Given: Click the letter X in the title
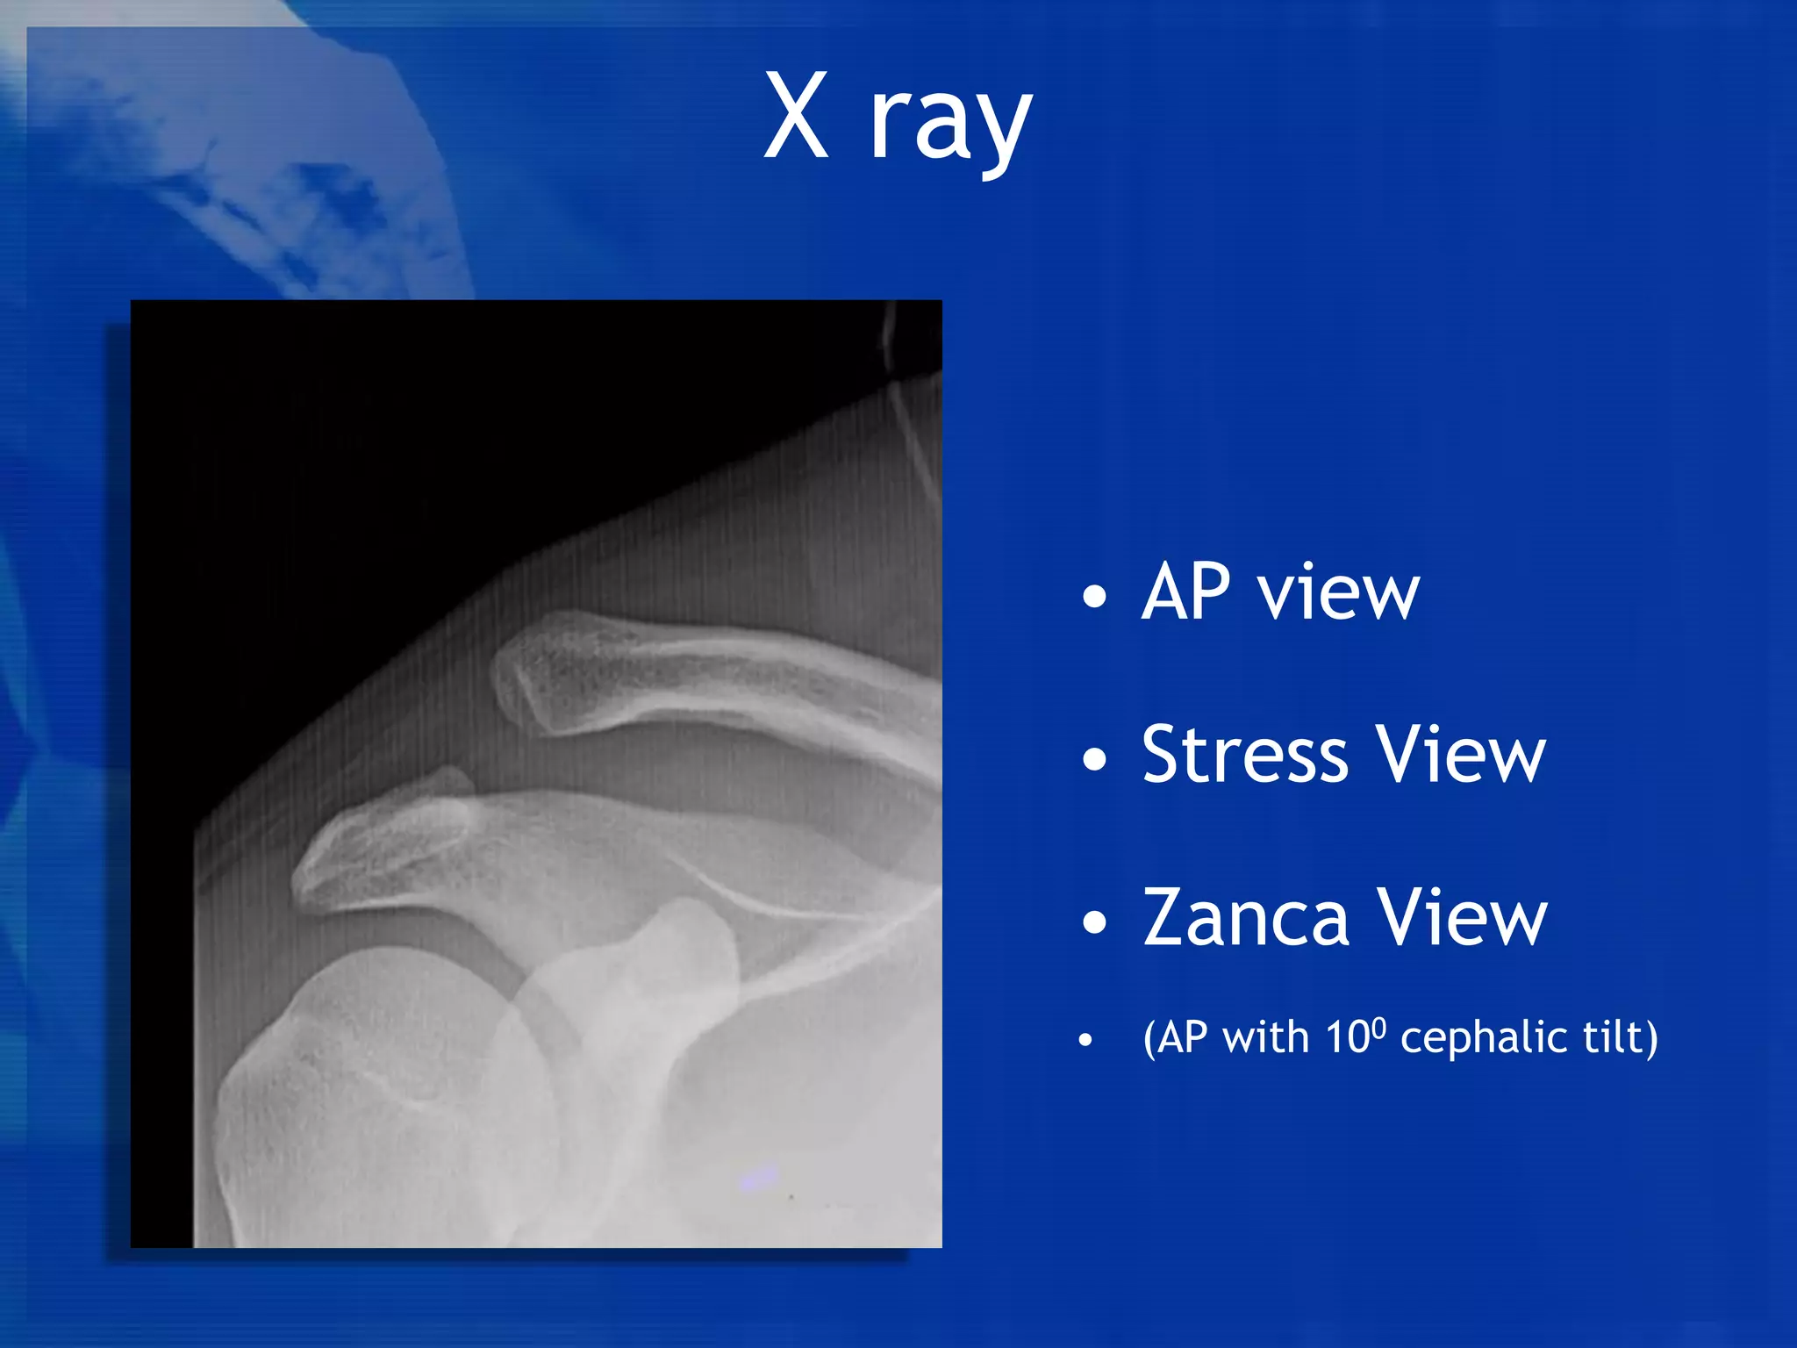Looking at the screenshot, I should [796, 116].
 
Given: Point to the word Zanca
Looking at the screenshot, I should [1246, 918].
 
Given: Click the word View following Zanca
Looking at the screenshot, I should [1462, 918].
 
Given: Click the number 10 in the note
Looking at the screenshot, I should [1346, 1038].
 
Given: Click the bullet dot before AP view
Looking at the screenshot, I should [1094, 597].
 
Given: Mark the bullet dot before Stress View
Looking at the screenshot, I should [1094, 758].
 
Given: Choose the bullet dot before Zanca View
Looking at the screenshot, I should [1094, 922].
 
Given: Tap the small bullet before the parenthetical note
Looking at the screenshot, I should [1086, 1041].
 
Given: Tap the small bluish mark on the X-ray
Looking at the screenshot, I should [760, 1176].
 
